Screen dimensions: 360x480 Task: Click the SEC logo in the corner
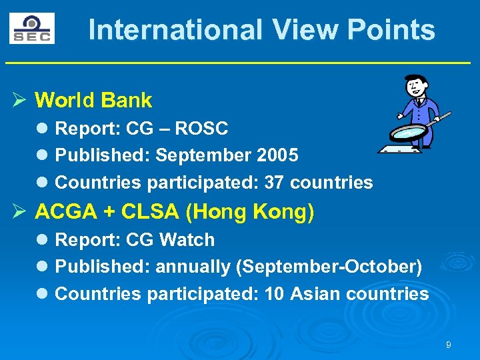pyautogui.click(x=31, y=29)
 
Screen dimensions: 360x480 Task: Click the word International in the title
pyautogui.click(x=175, y=30)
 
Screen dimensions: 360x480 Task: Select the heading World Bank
pyautogui.click(x=93, y=101)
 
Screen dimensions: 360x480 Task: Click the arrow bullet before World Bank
pyautogui.click(x=19, y=101)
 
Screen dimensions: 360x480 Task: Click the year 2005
pyautogui.click(x=277, y=155)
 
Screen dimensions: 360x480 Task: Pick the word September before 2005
pyautogui.click(x=203, y=155)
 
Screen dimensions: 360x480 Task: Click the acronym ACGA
pyautogui.click(x=65, y=212)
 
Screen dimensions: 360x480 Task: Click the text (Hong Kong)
pyautogui.click(x=250, y=212)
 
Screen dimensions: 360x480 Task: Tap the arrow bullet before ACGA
pyautogui.click(x=19, y=212)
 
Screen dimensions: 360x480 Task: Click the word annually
pyautogui.click(x=193, y=267)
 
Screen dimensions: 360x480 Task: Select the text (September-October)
pyautogui.click(x=329, y=267)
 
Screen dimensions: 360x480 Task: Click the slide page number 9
pyautogui.click(x=449, y=345)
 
